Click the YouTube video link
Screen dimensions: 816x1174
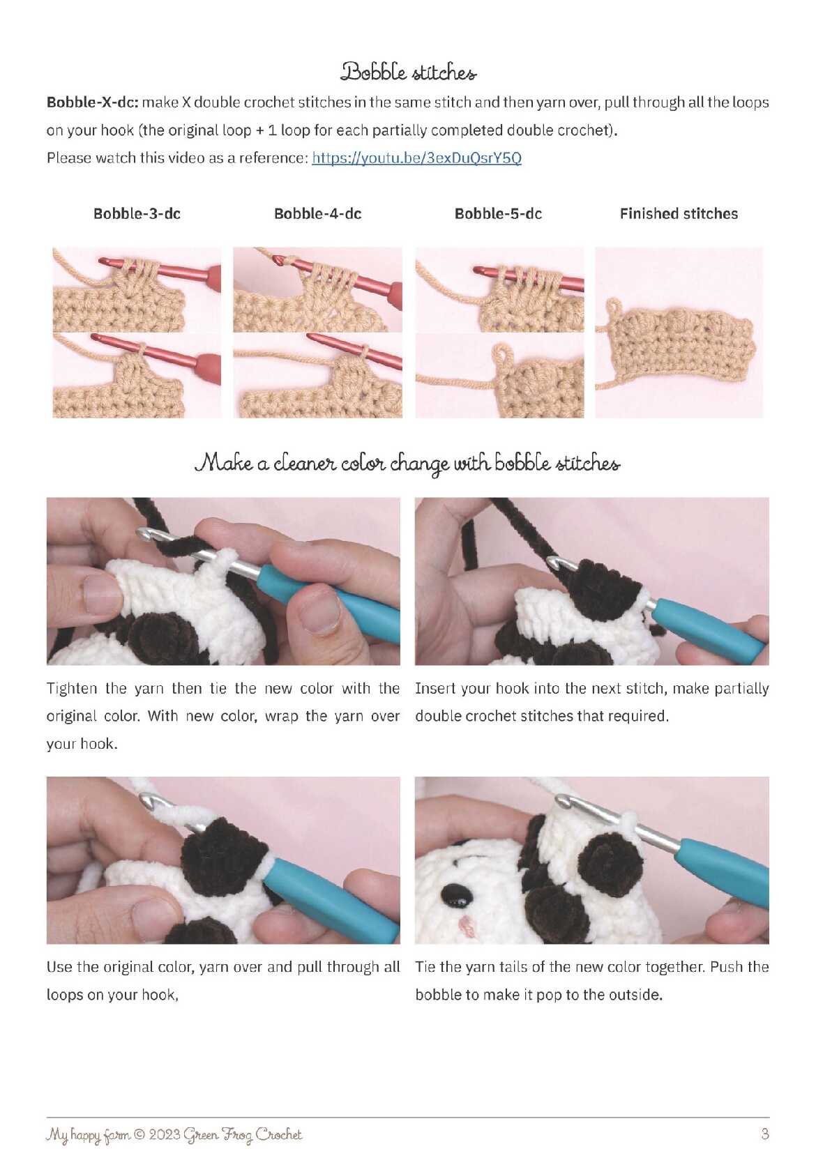point(416,158)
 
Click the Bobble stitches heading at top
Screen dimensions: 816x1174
point(408,72)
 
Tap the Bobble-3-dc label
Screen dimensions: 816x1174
point(137,213)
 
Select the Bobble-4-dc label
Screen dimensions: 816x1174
point(318,213)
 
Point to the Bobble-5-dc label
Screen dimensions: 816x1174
point(498,213)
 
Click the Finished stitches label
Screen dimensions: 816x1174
point(679,213)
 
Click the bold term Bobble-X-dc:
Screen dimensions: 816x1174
point(92,102)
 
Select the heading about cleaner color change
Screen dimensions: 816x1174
point(407,464)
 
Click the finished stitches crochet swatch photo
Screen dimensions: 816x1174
point(679,333)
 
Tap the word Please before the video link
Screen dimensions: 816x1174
point(69,158)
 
